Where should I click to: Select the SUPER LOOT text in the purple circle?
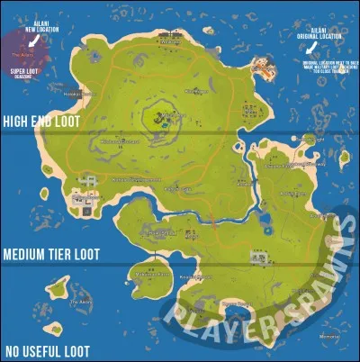click(23, 69)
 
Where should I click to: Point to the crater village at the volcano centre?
click(163, 116)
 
